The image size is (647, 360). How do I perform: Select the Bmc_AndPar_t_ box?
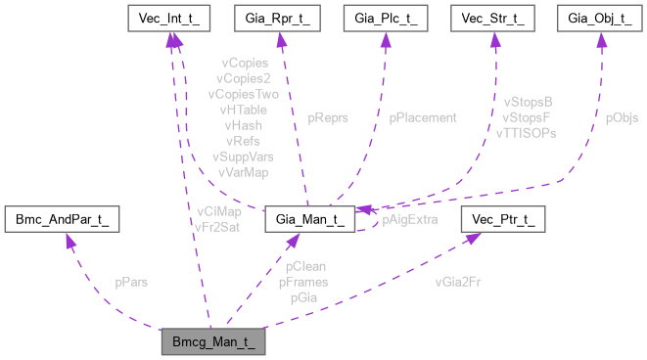point(63,219)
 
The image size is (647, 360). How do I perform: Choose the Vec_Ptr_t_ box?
point(506,219)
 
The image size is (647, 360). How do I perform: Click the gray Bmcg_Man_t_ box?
point(213,344)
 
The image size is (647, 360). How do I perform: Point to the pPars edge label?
point(131,282)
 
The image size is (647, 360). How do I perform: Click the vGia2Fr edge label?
point(458,282)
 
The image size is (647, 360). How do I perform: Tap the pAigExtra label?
point(409,220)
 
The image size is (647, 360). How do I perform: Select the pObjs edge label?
point(622,117)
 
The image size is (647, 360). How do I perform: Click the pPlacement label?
point(423,117)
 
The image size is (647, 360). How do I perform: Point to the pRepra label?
point(327,117)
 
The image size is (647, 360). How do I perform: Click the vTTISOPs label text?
point(527,132)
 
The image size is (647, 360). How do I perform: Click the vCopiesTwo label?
point(243,95)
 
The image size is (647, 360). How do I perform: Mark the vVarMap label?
point(243,172)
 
